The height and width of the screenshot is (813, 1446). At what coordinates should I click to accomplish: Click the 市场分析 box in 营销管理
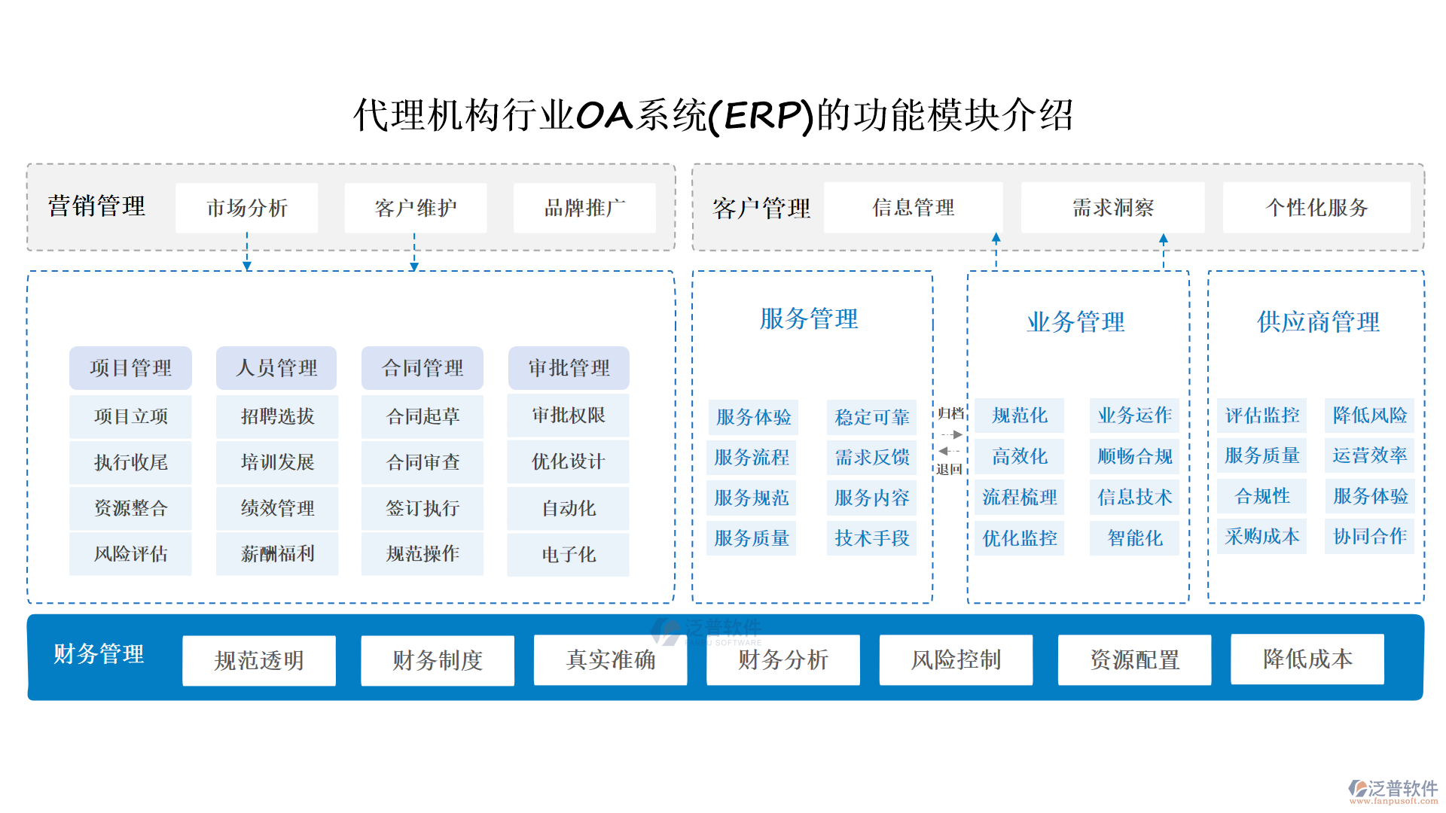pos(247,208)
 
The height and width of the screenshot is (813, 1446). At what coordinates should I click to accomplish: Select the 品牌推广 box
pos(584,208)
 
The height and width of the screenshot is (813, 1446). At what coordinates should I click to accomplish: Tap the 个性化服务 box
pos(1316,208)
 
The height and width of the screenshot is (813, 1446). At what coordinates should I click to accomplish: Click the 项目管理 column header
pos(130,368)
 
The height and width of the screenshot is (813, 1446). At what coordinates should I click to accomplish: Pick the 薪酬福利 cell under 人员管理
pos(277,554)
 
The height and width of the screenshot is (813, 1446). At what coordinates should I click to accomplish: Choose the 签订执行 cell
pos(423,508)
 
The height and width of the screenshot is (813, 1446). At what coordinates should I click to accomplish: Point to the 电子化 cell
pos(569,555)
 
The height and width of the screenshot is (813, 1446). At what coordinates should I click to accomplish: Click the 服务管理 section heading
pos(809,319)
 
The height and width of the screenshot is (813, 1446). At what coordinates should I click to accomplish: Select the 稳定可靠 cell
pos(872,417)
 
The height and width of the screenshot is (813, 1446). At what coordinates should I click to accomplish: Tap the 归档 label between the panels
pos(950,413)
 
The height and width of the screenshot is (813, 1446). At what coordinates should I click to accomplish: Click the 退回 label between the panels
pos(949,469)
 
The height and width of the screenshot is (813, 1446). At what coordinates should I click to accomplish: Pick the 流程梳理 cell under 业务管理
pos(1020,498)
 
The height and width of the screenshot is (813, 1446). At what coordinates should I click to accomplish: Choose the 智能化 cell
pos(1135,538)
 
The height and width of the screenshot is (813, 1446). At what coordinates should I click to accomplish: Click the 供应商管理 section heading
pos(1318,322)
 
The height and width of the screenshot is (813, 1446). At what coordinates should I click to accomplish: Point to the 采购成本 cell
pos(1262,537)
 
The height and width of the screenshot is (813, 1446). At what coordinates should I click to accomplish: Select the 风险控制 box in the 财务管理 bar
pos(956,660)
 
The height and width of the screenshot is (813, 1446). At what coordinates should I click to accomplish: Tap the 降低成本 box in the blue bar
pos(1307,659)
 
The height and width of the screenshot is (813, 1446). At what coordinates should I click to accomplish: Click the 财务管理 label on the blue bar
pos(99,654)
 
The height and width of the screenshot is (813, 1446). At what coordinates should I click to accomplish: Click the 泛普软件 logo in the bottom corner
pos(1393,790)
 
